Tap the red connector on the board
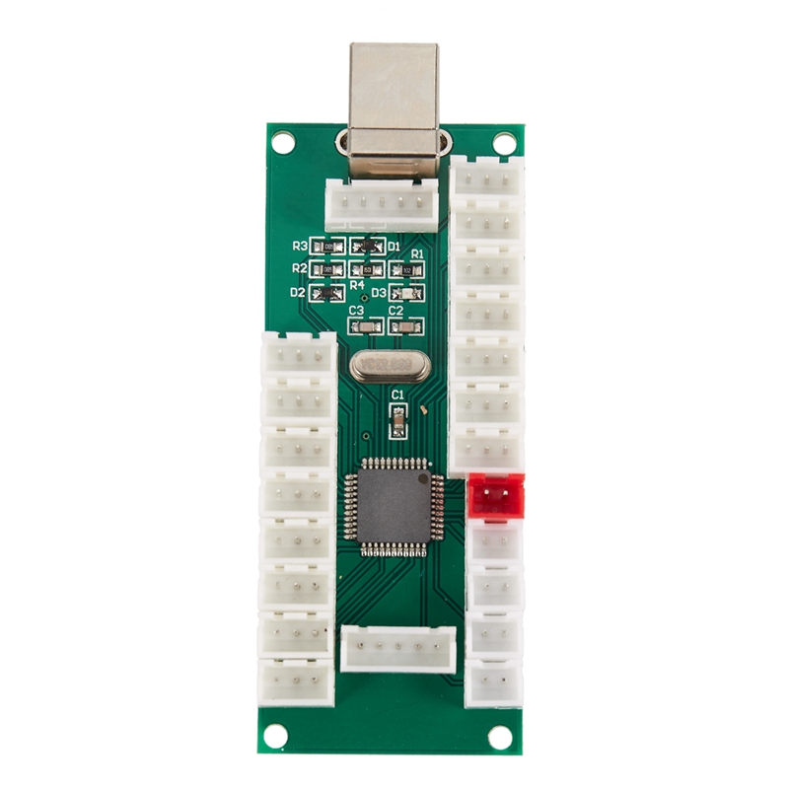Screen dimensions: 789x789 point(496,495)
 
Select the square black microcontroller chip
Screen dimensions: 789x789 point(392,505)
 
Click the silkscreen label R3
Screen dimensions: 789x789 point(300,246)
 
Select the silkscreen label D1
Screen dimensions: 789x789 point(394,246)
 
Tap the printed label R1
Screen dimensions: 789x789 point(417,254)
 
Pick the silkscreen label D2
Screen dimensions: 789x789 point(298,293)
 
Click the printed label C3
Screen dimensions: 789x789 point(357,311)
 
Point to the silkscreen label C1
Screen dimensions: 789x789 point(398,394)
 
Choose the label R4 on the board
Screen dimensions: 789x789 point(357,285)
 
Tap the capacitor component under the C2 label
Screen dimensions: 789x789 point(402,326)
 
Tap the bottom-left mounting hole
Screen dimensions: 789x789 point(276,735)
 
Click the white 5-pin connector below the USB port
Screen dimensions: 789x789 point(380,208)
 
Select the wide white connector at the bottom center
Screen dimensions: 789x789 point(398,649)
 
